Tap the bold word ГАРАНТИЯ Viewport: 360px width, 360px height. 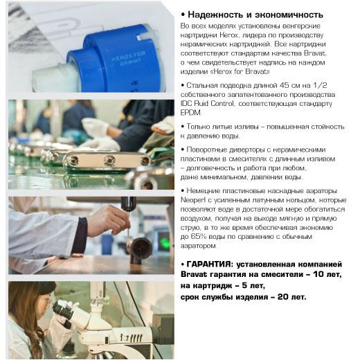pos(208,264)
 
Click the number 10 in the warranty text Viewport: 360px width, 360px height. pos(319,274)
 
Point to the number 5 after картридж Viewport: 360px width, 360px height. pos(244,285)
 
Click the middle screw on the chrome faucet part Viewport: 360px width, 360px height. pos(109,160)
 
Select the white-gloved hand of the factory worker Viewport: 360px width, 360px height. pos(95,126)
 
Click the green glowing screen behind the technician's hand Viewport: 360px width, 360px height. pos(165,242)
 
